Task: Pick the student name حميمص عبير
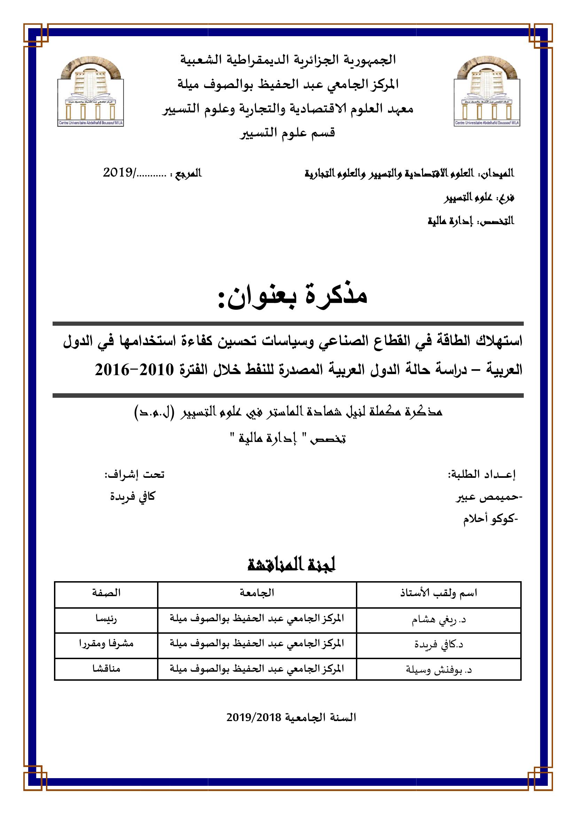click(488, 497)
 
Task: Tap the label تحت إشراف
click(134, 474)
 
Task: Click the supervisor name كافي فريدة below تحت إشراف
click(132, 496)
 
